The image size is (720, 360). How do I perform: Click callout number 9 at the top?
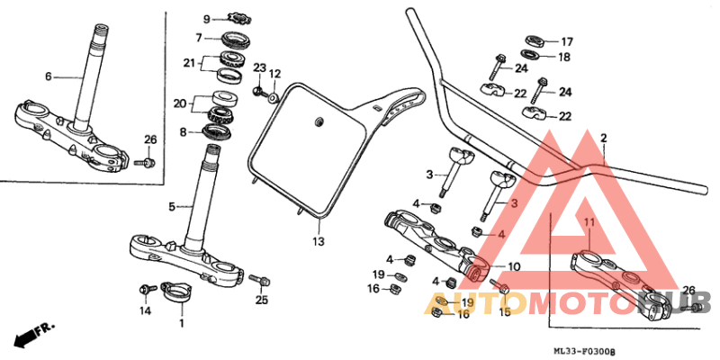[x=206, y=19]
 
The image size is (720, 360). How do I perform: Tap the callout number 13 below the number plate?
[x=318, y=242]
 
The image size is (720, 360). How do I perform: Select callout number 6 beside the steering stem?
[x=49, y=76]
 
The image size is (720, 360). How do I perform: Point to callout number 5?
[x=171, y=207]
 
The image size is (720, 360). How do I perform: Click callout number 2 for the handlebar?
[x=603, y=138]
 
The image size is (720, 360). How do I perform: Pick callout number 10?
[x=513, y=267]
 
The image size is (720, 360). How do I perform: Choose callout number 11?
[x=589, y=221]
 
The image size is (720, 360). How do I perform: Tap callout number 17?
[x=566, y=41]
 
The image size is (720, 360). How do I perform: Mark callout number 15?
[x=504, y=312]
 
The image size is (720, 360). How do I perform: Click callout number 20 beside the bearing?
[x=179, y=103]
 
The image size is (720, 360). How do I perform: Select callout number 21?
[x=188, y=62]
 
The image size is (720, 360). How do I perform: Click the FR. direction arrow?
[x=33, y=334]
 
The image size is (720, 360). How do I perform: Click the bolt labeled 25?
[x=256, y=280]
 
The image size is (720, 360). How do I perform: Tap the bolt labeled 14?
[x=143, y=290]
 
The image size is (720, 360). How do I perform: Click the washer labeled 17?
[x=534, y=40]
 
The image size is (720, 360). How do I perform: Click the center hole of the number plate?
[x=318, y=121]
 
